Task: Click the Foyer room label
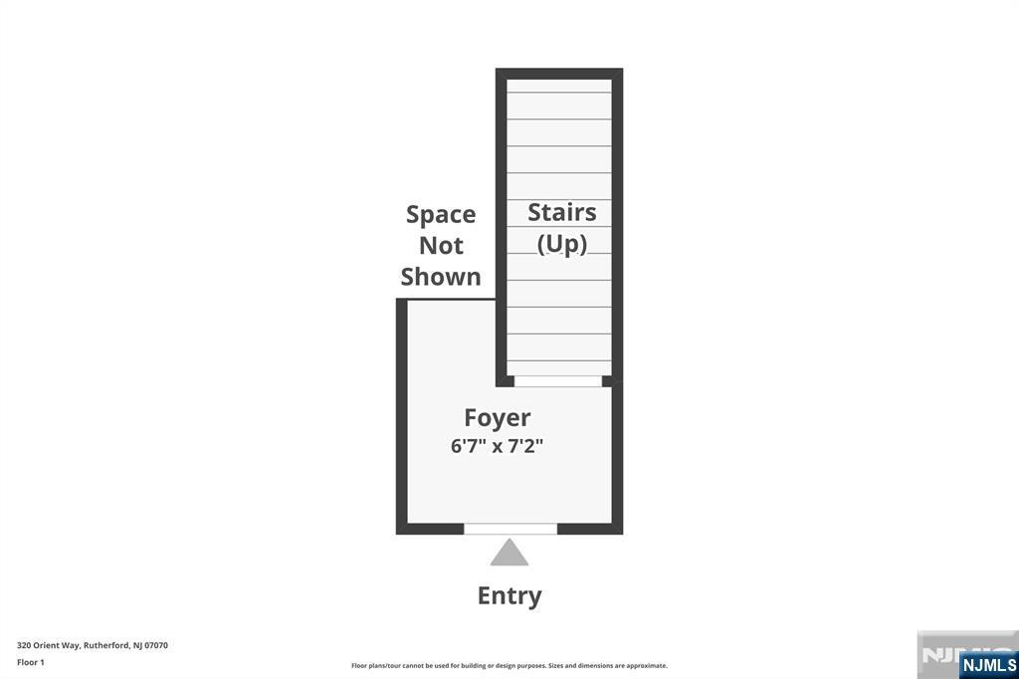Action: pyautogui.click(x=498, y=417)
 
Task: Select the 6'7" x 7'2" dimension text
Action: pyautogui.click(x=497, y=446)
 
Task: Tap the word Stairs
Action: pyautogui.click(x=561, y=212)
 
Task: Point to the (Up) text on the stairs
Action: pyautogui.click(x=561, y=244)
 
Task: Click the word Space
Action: pyautogui.click(x=441, y=215)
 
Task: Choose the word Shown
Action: pyautogui.click(x=441, y=277)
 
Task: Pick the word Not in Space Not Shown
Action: pyautogui.click(x=441, y=246)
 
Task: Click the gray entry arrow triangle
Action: pyautogui.click(x=509, y=553)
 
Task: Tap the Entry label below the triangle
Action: pyautogui.click(x=509, y=595)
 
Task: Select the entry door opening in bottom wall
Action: pyautogui.click(x=510, y=529)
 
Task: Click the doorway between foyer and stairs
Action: pyautogui.click(x=558, y=380)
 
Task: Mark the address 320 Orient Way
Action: pyautogui.click(x=48, y=645)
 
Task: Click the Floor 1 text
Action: pyautogui.click(x=31, y=662)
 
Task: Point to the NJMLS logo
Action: pyautogui.click(x=988, y=665)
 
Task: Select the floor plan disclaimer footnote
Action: pyautogui.click(x=509, y=666)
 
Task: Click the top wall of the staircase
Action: pyautogui.click(x=559, y=73)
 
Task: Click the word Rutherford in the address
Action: pyautogui.click(x=107, y=645)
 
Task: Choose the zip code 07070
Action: pyautogui.click(x=156, y=645)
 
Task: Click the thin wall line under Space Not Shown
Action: pyautogui.click(x=450, y=298)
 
